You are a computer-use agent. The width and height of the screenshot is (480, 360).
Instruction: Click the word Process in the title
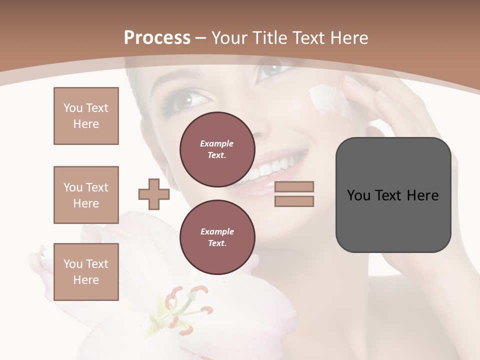point(157,38)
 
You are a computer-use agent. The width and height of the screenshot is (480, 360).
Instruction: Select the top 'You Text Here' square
point(86,116)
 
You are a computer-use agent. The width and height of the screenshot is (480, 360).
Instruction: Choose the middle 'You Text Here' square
point(86,195)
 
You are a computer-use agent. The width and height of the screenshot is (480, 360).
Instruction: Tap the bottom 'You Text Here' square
point(86,272)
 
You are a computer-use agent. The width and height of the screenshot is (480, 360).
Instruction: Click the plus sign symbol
point(154,194)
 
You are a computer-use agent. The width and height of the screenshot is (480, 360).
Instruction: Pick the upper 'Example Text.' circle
point(217,149)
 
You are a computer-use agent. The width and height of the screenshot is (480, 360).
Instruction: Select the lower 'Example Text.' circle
point(217,237)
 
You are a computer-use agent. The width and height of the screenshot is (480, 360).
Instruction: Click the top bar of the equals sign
point(294,186)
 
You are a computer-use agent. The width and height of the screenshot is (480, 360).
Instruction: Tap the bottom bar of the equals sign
point(294,201)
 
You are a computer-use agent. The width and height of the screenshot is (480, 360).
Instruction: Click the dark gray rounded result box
point(393,195)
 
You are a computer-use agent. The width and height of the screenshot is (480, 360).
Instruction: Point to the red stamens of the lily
point(187,305)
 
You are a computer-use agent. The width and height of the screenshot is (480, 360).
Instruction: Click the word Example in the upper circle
point(217,143)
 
